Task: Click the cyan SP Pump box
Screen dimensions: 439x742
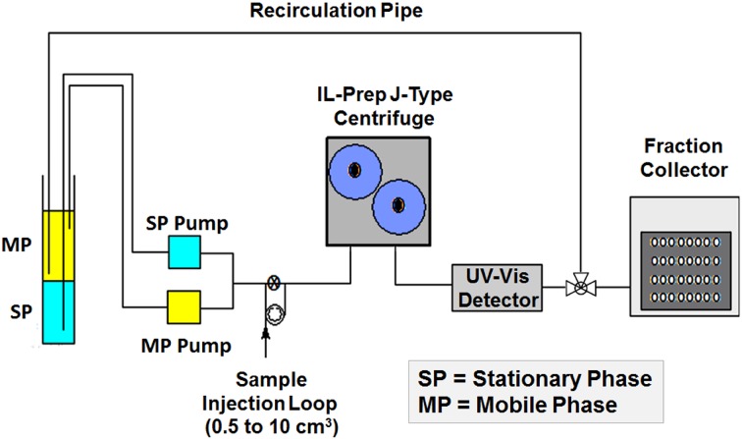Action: [183, 252]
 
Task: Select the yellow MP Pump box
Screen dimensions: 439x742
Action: [183, 304]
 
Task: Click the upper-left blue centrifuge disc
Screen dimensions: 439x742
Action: [355, 168]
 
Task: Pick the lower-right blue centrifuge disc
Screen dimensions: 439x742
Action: [398, 204]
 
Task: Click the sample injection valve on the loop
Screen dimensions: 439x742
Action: [274, 285]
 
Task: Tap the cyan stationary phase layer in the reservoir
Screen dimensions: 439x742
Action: [65, 312]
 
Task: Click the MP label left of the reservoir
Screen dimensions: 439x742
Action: [17, 243]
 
